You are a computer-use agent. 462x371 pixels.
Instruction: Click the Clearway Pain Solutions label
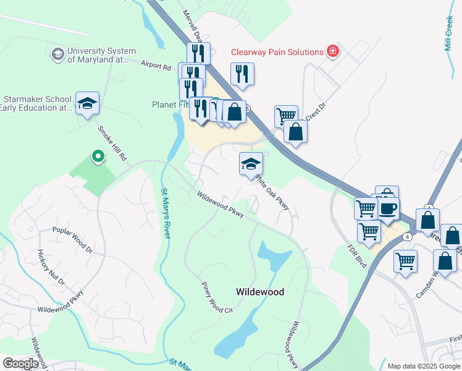pyautogui.click(x=277, y=53)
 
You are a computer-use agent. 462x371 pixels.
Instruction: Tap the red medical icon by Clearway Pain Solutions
pyautogui.click(x=334, y=52)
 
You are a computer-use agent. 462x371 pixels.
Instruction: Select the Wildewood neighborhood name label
pyautogui.click(x=260, y=291)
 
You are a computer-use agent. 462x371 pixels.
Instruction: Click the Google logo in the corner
pyautogui.click(x=20, y=364)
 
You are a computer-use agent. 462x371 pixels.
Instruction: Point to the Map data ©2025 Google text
pyautogui.click(x=423, y=366)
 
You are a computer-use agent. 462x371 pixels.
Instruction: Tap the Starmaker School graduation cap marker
pyautogui.click(x=87, y=103)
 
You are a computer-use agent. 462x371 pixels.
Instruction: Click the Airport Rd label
pyautogui.click(x=156, y=65)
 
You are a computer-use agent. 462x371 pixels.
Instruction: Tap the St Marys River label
pyautogui.click(x=166, y=213)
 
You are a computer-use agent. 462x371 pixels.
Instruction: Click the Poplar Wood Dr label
pyautogui.click(x=72, y=243)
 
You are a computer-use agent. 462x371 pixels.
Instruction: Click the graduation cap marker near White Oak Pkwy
pyautogui.click(x=251, y=164)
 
